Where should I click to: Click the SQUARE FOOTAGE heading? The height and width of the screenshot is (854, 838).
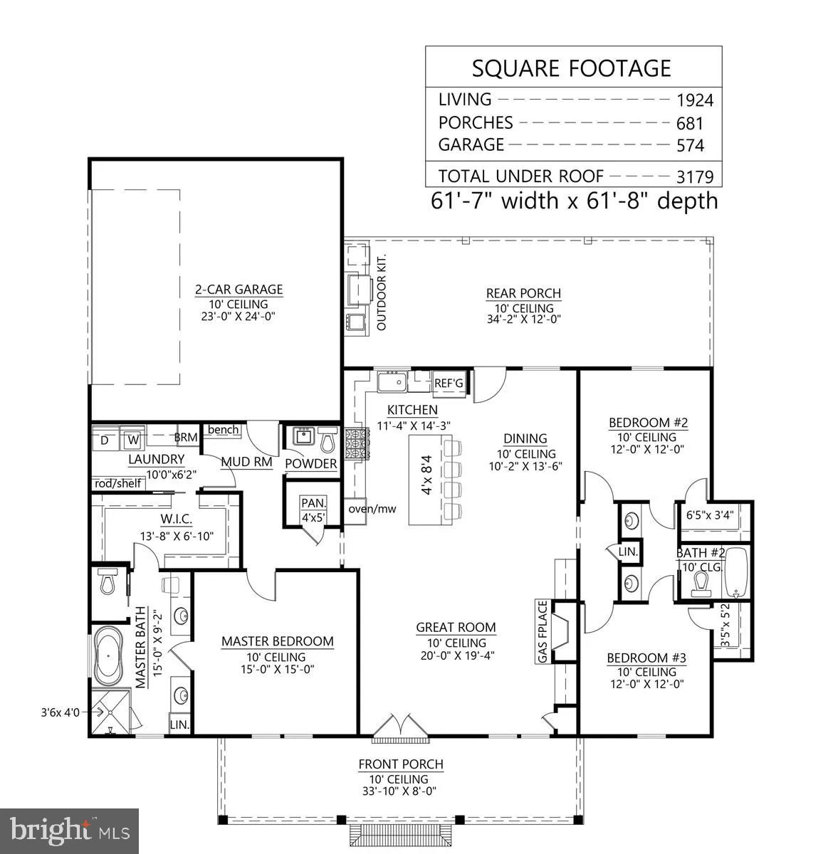572,68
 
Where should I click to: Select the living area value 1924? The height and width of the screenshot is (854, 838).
694,100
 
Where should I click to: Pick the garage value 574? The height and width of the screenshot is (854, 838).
690,145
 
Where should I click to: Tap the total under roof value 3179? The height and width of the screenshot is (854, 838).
694,176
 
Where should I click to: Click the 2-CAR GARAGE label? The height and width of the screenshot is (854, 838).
239,290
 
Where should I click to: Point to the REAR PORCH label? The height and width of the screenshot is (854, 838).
523,293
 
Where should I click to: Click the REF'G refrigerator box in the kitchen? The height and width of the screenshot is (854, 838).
449,384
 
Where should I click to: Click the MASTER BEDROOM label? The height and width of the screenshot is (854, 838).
277,641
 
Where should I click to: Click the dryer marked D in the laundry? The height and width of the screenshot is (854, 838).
105,441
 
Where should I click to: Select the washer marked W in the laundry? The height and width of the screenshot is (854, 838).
132,441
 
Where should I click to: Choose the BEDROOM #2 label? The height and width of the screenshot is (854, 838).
647,423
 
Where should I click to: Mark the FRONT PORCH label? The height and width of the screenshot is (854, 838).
400,764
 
